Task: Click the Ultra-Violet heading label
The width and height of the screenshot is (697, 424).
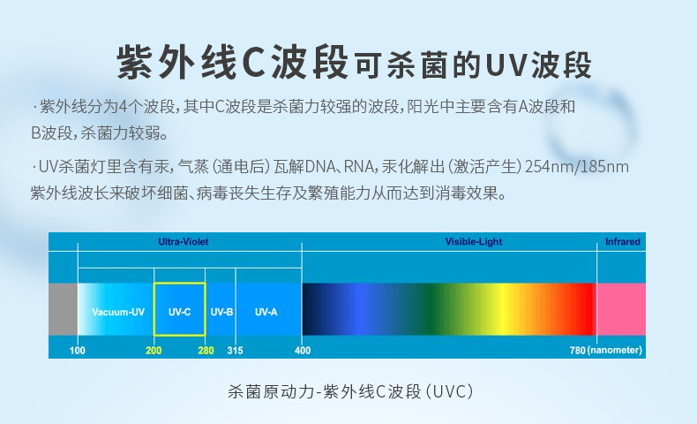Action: point(184,241)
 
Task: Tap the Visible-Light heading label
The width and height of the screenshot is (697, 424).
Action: point(474,241)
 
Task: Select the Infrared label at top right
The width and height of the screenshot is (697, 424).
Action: point(622,241)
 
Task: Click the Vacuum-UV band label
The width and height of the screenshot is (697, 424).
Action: point(118,312)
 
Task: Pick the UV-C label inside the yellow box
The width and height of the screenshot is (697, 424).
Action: point(180,312)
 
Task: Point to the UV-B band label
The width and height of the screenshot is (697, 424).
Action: point(221,312)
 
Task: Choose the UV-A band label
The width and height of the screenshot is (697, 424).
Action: point(266,312)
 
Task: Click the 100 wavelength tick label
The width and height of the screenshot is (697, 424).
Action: point(78,351)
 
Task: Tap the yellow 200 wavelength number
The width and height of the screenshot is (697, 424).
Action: point(154,351)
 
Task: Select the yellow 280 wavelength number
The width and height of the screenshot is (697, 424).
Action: point(206,351)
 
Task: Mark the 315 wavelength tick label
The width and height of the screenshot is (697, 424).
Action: point(236,351)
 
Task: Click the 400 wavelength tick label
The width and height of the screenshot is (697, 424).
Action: point(303,351)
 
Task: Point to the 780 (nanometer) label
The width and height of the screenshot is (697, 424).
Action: point(605,351)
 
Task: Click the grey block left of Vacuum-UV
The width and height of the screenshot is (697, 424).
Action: point(63,309)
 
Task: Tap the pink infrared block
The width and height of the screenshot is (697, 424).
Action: point(621,309)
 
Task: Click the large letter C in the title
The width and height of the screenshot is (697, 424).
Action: point(255,63)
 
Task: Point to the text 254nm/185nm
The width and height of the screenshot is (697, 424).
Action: point(576,167)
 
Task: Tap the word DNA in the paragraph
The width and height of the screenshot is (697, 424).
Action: point(320,167)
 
